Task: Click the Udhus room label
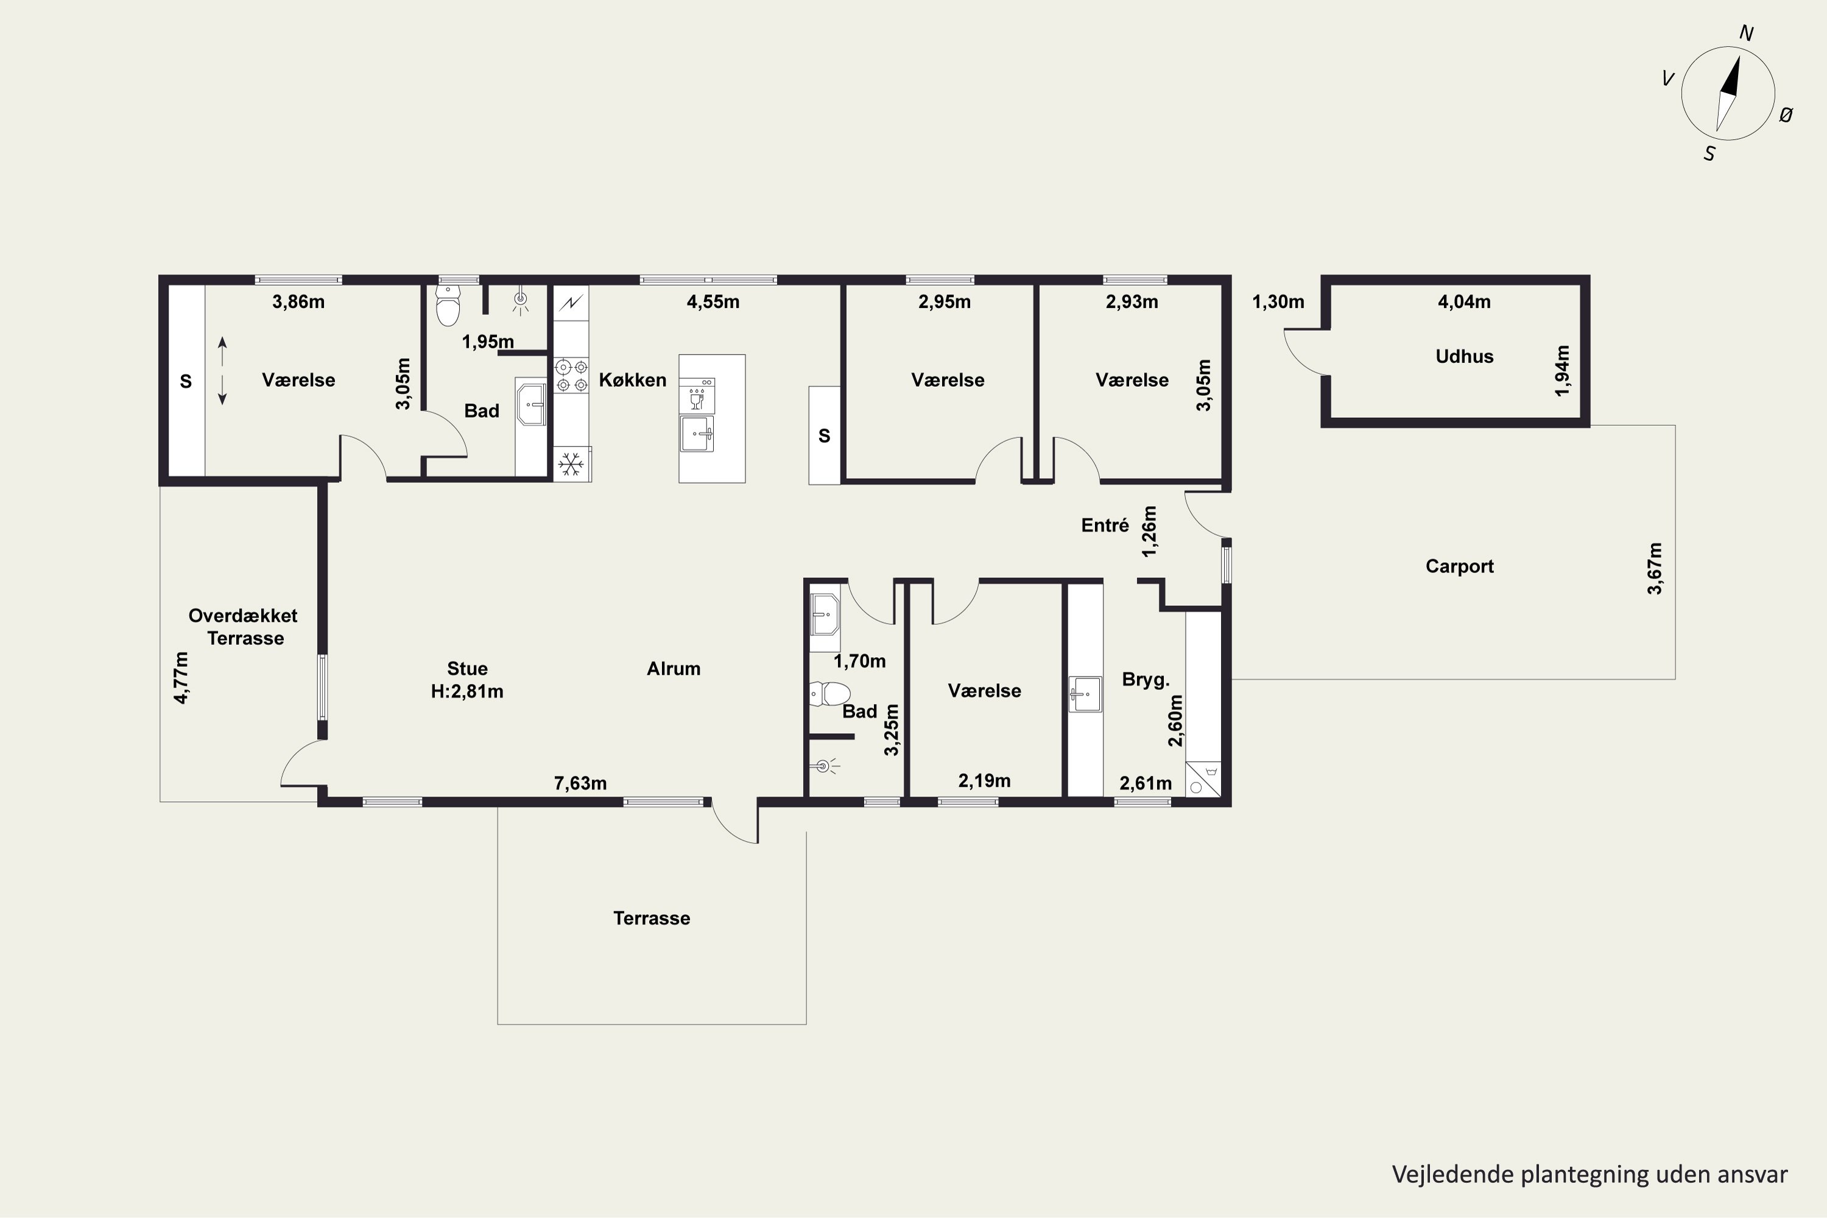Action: click(x=1464, y=356)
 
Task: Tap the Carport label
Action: click(x=1460, y=566)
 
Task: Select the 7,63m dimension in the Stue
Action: click(x=580, y=783)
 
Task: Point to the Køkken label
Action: click(x=632, y=380)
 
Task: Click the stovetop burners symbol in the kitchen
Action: click(x=571, y=375)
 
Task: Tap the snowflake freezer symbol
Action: click(x=572, y=463)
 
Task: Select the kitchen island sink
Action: click(x=697, y=434)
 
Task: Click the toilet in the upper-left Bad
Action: click(x=448, y=305)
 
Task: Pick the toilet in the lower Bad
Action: click(x=829, y=693)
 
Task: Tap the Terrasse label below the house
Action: click(x=652, y=918)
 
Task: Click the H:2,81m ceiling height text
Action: click(x=467, y=691)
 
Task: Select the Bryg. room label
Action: click(x=1146, y=680)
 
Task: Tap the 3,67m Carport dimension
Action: click(x=1655, y=569)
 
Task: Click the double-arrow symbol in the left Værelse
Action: click(x=222, y=370)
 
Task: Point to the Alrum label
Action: click(x=674, y=669)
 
